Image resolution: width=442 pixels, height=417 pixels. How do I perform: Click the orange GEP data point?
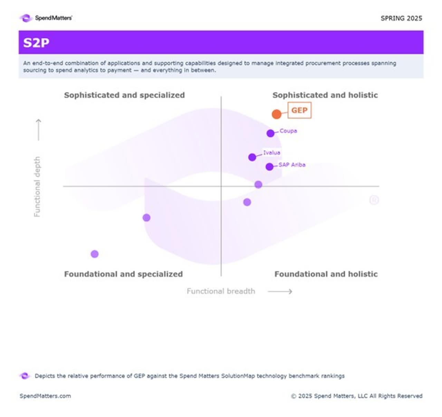pyautogui.click(x=276, y=114)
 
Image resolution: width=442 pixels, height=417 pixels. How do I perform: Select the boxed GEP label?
pyautogui.click(x=299, y=110)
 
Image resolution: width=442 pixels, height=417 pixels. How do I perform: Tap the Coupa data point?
pyautogui.click(x=270, y=133)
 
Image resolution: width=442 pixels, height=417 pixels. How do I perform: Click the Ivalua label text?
pyautogui.click(x=272, y=152)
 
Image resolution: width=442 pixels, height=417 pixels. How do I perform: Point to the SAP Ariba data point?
pyautogui.click(x=269, y=167)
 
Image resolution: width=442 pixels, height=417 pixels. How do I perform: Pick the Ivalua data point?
pyautogui.click(x=252, y=157)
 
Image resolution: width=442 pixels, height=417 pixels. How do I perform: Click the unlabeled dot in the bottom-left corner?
pyautogui.click(x=95, y=254)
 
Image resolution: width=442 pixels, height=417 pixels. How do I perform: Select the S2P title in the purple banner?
pyautogui.click(x=36, y=43)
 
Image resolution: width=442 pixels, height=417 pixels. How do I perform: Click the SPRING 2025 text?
pyautogui.click(x=401, y=18)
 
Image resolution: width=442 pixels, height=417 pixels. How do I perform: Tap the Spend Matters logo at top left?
pyautogui.click(x=46, y=18)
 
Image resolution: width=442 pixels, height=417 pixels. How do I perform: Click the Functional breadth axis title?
pyautogui.click(x=221, y=291)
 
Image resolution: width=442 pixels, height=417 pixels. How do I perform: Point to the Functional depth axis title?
pyautogui.click(x=37, y=187)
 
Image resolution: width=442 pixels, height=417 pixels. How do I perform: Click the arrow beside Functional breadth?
pyautogui.click(x=280, y=291)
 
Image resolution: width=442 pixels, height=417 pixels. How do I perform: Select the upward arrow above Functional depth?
pyautogui.click(x=38, y=130)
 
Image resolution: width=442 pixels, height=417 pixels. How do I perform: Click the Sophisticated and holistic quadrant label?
pyautogui.click(x=325, y=95)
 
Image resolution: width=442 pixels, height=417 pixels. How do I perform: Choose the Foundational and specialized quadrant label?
pyautogui.click(x=123, y=274)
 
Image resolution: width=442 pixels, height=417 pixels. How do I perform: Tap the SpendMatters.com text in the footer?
pyautogui.click(x=45, y=396)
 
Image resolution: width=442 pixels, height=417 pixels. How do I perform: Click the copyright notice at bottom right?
pyautogui.click(x=356, y=396)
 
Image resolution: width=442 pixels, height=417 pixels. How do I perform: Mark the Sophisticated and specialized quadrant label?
pyautogui.click(x=124, y=95)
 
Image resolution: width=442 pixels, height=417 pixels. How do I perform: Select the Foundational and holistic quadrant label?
pyautogui.click(x=326, y=274)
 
